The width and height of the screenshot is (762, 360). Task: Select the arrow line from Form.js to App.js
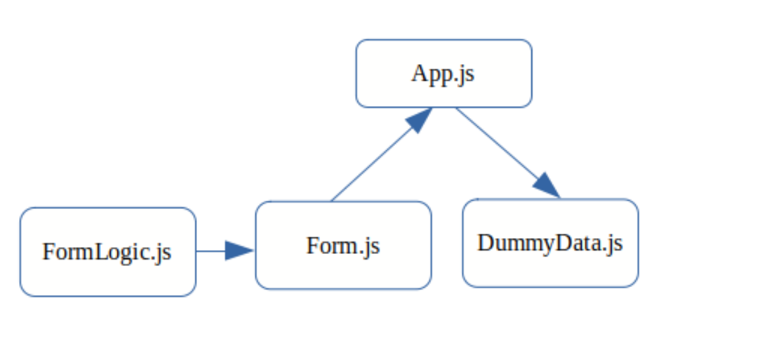point(368,166)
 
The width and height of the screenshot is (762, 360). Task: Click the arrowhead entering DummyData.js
point(547,186)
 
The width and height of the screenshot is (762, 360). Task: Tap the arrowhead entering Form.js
point(239,251)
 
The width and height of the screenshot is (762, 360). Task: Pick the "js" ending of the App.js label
point(465,75)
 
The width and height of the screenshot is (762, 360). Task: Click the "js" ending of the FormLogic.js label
point(164,253)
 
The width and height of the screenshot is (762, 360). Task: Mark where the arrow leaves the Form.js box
point(331,201)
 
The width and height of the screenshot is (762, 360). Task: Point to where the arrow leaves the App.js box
point(456,108)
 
